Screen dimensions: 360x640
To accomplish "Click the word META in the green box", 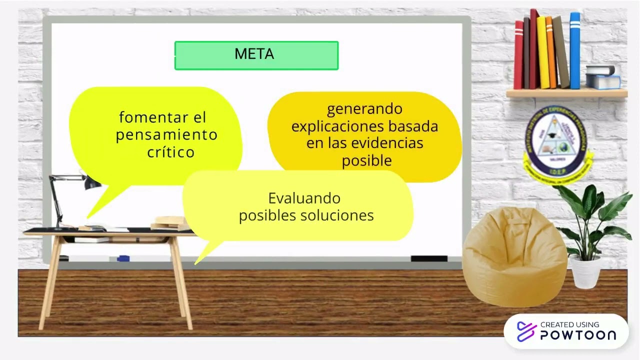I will click(254, 54).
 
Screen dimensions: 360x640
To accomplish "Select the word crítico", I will click(170, 152).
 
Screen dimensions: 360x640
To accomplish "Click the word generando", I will click(364, 108).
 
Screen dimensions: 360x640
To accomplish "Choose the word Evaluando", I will click(304, 198).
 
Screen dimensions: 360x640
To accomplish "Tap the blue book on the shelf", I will click(575, 50).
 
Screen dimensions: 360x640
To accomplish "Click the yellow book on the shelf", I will click(543, 52).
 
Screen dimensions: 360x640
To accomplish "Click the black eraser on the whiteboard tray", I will click(429, 258).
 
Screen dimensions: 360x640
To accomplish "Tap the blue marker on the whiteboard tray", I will click(123, 258).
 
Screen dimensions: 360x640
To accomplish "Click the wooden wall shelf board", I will click(566, 93).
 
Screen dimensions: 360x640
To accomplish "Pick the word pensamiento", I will click(166, 135).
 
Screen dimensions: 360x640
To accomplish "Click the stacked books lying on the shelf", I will click(602, 77).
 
